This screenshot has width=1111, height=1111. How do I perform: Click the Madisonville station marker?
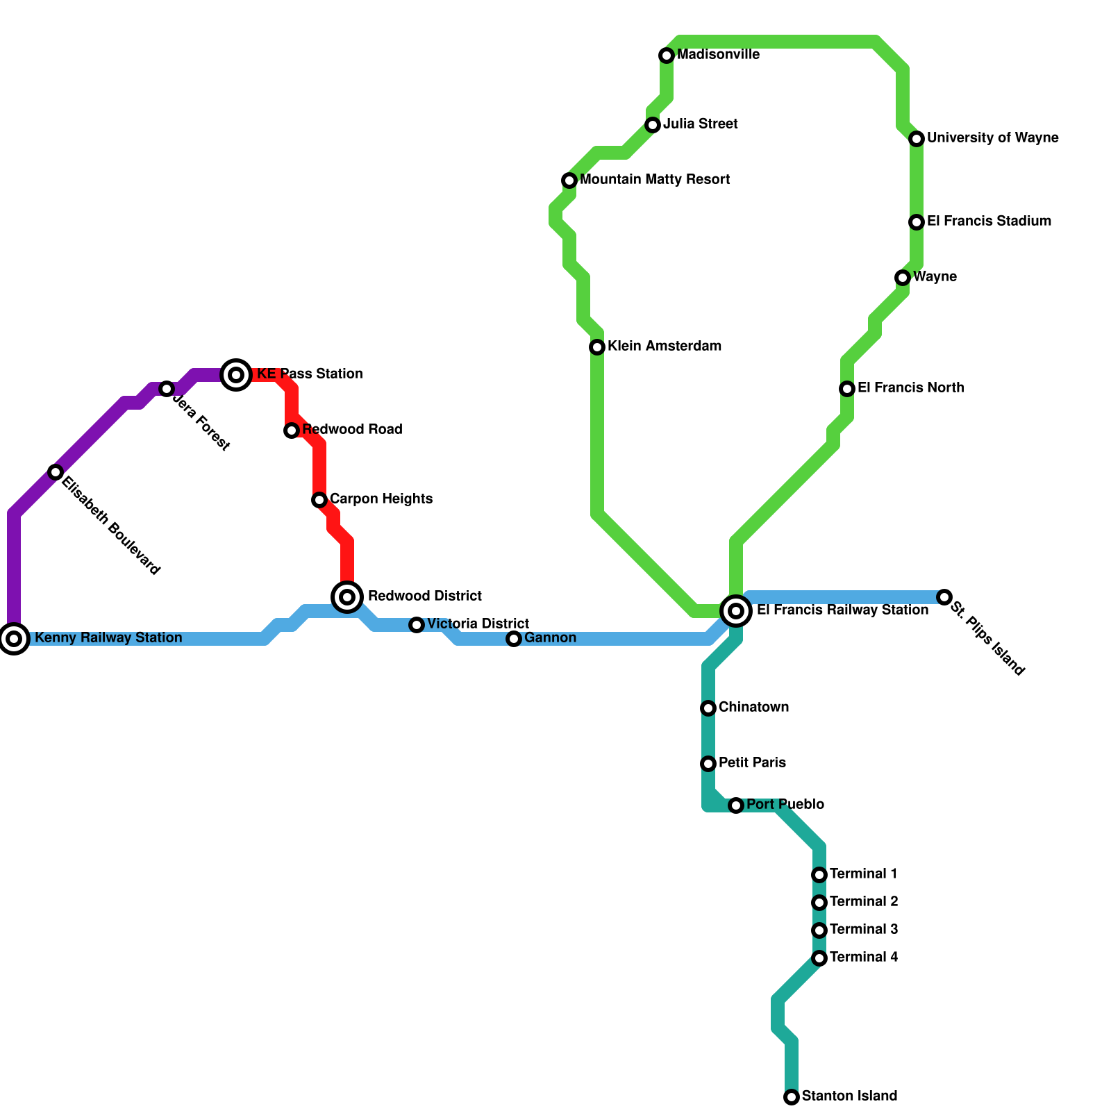pos(667,56)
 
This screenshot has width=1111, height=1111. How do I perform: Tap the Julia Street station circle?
pos(653,125)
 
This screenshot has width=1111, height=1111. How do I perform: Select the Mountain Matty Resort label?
pos(655,180)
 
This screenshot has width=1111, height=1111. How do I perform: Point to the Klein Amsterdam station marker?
pos(597,347)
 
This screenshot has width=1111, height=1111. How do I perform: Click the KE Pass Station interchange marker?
pos(236,375)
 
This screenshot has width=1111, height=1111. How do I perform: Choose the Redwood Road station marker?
pos(292,431)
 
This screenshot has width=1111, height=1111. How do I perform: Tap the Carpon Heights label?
pos(381,499)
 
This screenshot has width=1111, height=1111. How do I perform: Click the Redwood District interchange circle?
pos(348,596)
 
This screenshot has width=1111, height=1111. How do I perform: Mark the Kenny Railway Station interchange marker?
pos(14,639)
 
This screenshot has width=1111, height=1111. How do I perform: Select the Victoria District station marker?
pos(417,625)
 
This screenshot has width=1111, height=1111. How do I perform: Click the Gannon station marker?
pos(514,639)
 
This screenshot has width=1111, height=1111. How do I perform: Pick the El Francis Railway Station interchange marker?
pos(736,611)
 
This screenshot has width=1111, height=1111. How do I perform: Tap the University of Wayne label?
pos(992,138)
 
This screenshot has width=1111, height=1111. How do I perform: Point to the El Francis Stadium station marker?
pos(917,222)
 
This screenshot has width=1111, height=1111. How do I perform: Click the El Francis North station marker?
pos(847,389)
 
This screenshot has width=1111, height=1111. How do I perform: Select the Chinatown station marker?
pos(708,708)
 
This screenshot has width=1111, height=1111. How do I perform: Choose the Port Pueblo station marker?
pos(736,805)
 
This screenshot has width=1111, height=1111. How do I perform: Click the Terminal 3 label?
pos(864,930)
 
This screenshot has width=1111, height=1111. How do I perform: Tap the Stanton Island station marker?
pos(792,1097)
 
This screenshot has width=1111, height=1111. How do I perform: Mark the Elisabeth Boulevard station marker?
pos(56,472)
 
